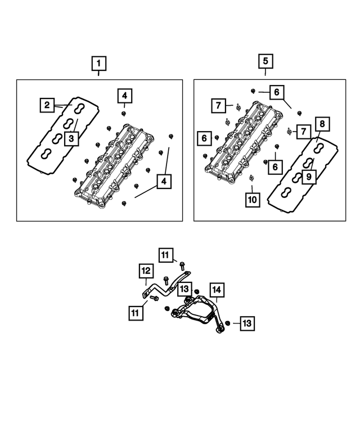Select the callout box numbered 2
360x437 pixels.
pos(47,104)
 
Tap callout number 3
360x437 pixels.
pos(71,138)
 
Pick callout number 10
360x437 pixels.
pos(252,200)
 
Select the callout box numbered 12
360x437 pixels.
pos(146,272)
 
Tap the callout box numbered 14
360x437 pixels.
pos(217,290)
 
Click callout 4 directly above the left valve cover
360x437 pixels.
pos(124,96)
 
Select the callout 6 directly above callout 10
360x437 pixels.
pos(275,166)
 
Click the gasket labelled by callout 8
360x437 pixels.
pos(304,179)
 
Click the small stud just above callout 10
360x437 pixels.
pos(251,179)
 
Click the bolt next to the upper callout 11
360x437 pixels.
pos(183,264)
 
